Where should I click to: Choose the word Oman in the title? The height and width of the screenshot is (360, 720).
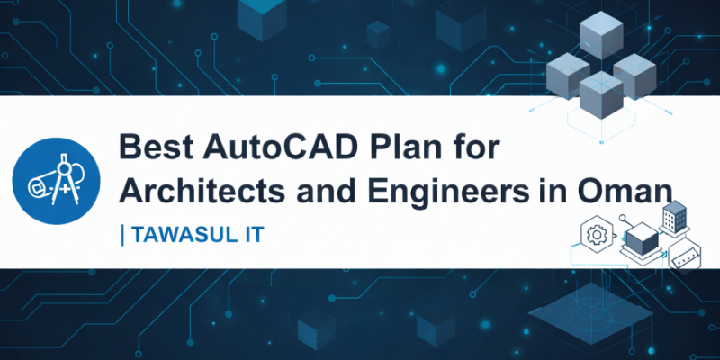click(625, 191)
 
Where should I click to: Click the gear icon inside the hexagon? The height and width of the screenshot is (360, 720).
click(595, 237)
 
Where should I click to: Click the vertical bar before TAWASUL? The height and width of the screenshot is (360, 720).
click(122, 235)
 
